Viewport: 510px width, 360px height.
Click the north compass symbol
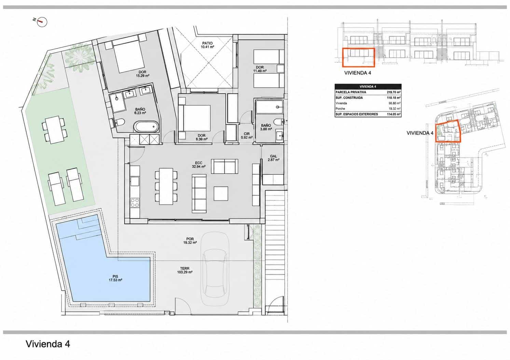[42, 22]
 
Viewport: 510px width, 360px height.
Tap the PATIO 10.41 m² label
[207, 45]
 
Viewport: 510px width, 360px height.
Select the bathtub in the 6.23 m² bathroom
[146, 126]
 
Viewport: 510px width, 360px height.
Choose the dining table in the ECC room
[166, 186]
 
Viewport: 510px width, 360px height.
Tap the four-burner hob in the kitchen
[135, 203]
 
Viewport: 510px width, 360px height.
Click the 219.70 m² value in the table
[394, 92]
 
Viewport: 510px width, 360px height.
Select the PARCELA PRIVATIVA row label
[351, 92]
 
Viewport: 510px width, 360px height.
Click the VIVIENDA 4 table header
[368, 86]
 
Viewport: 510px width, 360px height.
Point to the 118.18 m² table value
[394, 98]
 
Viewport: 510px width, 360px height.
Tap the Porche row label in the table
[340, 109]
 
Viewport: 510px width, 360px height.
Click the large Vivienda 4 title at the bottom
[48, 344]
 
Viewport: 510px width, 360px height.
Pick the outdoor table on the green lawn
[55, 129]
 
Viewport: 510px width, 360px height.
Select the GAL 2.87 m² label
[273, 158]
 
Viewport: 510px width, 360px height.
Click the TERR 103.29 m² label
[185, 270]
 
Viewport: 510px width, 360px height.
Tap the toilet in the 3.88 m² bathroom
[278, 122]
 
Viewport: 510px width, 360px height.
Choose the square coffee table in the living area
[221, 194]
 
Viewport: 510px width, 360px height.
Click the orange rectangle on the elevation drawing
[359, 57]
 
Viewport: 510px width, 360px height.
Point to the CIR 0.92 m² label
[247, 136]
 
